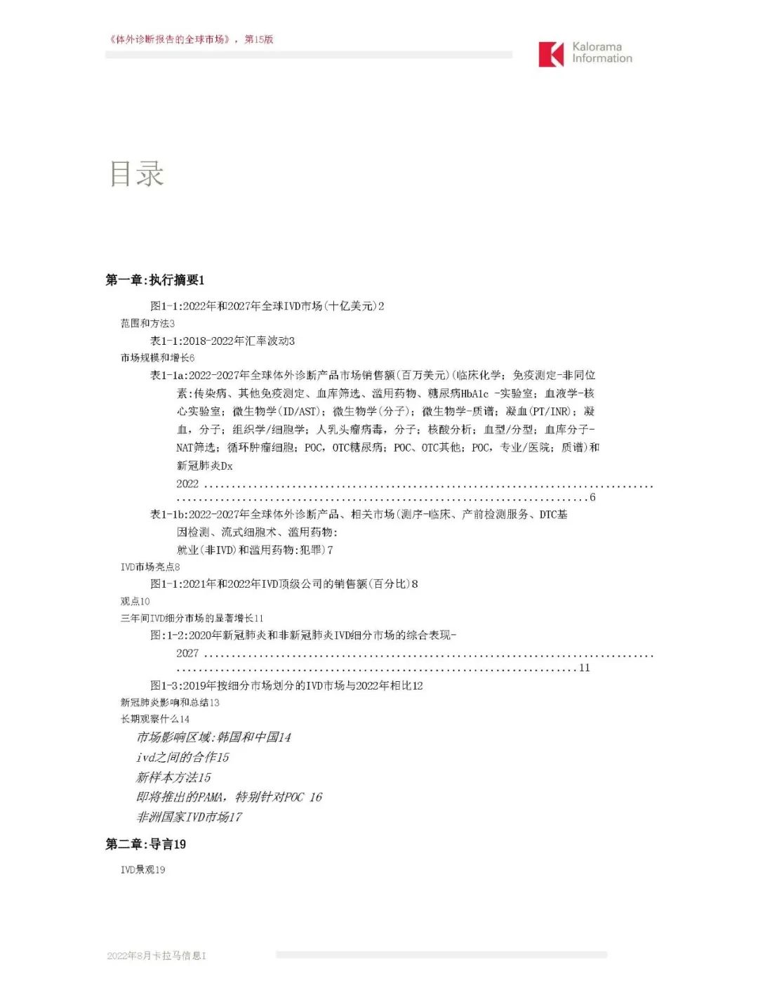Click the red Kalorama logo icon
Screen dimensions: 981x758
tap(551, 54)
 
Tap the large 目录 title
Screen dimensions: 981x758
tap(137, 173)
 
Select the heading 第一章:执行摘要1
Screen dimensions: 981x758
tap(155, 280)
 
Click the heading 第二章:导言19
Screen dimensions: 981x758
tap(146, 844)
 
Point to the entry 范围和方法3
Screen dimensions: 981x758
tap(147, 324)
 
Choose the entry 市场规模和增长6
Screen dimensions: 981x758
tap(157, 358)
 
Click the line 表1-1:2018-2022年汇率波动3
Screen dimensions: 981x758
tap(222, 341)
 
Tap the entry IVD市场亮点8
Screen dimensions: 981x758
tap(150, 567)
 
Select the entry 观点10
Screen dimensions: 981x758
tap(135, 601)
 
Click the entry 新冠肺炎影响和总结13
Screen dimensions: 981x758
tap(170, 702)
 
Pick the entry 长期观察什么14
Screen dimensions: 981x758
tap(155, 719)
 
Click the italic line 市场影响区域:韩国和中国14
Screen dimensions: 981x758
tap(213, 737)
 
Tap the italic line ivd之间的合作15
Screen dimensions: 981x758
tap(182, 758)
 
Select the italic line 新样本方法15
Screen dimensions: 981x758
tap(173, 777)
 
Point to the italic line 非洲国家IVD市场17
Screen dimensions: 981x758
tap(189, 817)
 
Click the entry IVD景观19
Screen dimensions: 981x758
tap(143, 870)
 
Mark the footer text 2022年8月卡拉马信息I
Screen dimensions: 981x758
tap(157, 956)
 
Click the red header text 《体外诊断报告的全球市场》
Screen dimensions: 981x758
tap(169, 39)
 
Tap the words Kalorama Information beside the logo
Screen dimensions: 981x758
tap(601, 53)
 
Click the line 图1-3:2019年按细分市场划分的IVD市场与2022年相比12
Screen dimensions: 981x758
tap(286, 685)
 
